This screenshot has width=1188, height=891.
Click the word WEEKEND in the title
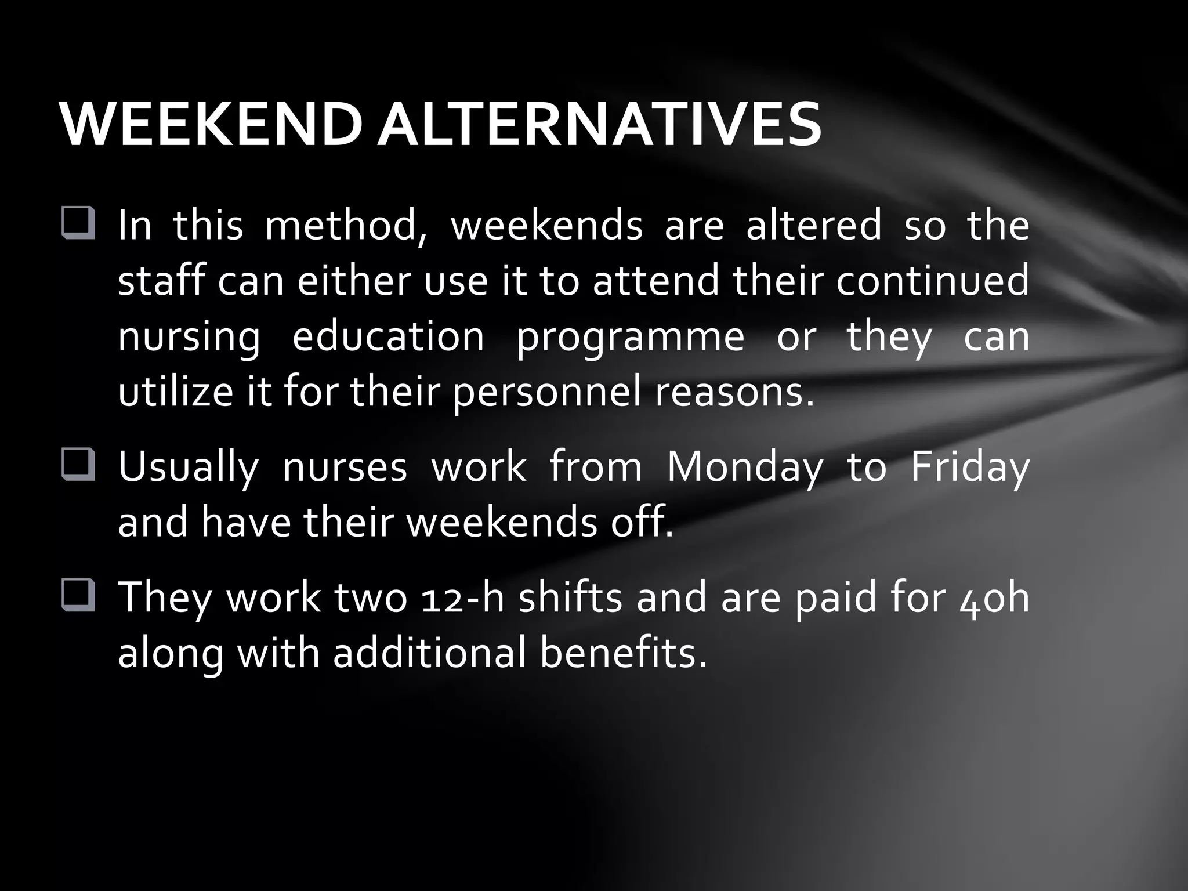click(x=211, y=125)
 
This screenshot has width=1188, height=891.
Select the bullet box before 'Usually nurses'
click(x=78, y=466)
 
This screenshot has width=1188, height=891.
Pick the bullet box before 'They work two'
click(x=78, y=596)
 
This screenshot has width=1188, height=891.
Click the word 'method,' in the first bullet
click(x=346, y=225)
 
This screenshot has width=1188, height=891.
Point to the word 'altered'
click(x=813, y=225)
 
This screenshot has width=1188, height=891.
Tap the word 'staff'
click(x=162, y=281)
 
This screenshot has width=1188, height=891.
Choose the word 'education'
click(x=388, y=336)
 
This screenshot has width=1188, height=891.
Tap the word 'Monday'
click(x=745, y=468)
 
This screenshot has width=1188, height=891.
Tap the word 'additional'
click(x=430, y=653)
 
